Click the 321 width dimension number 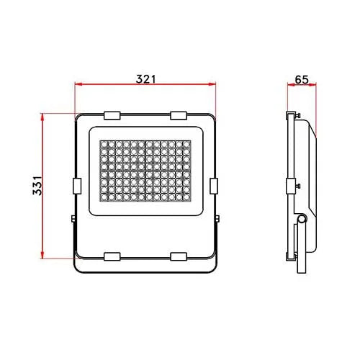coord(146,77)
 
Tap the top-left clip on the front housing coord(112,114)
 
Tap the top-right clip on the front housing coord(179,114)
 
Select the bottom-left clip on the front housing coord(112,256)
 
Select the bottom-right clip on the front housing coord(179,256)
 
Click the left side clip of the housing coord(76,185)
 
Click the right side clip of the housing coord(214,185)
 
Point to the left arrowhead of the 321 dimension coord(78,85)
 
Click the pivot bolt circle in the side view coord(300,218)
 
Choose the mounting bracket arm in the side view coord(302,248)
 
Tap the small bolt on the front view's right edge coord(217,218)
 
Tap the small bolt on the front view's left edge coord(73,218)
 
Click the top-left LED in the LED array coord(104,144)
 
